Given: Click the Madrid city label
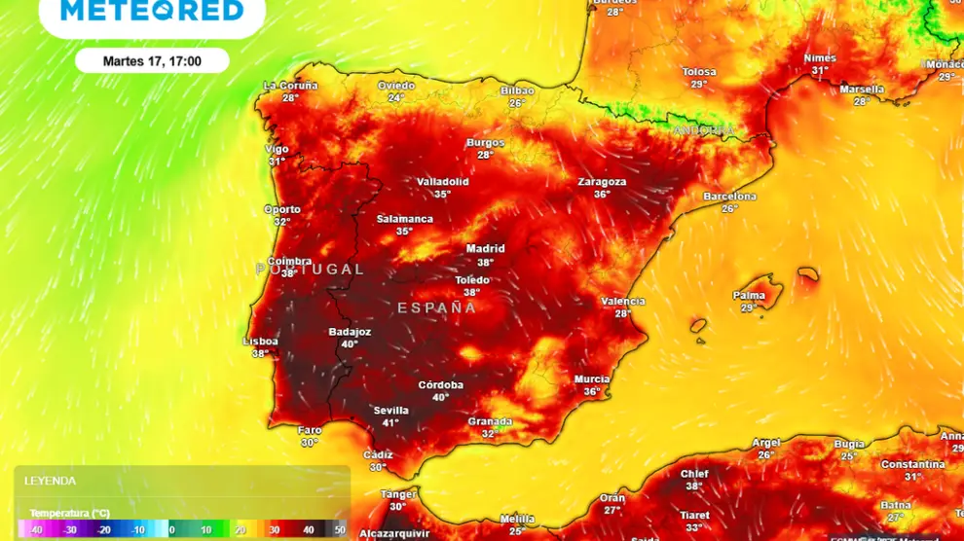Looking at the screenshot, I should click(485, 249).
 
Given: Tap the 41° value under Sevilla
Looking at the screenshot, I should click(390, 423).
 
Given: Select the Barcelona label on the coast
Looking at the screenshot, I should click(729, 197).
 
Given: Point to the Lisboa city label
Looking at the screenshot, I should click(260, 342).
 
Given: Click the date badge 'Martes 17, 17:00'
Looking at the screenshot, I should click(152, 60).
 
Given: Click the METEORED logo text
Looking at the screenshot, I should click(152, 12).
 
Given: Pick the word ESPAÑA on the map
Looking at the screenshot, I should click(437, 307).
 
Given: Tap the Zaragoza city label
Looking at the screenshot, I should click(602, 182).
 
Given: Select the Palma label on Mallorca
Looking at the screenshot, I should click(749, 296).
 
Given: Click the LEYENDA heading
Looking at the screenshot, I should click(50, 481).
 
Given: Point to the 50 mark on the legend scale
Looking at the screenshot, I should click(340, 530).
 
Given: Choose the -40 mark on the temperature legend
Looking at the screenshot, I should click(36, 530).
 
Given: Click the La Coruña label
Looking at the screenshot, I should click(290, 86).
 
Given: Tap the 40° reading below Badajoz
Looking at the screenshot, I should click(350, 344).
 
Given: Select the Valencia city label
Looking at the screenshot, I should click(623, 302).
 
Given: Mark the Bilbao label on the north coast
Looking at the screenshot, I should click(517, 90).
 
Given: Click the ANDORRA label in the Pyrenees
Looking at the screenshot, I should click(703, 130).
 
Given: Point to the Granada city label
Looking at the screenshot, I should click(490, 421).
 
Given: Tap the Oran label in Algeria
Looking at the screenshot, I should click(612, 498).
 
